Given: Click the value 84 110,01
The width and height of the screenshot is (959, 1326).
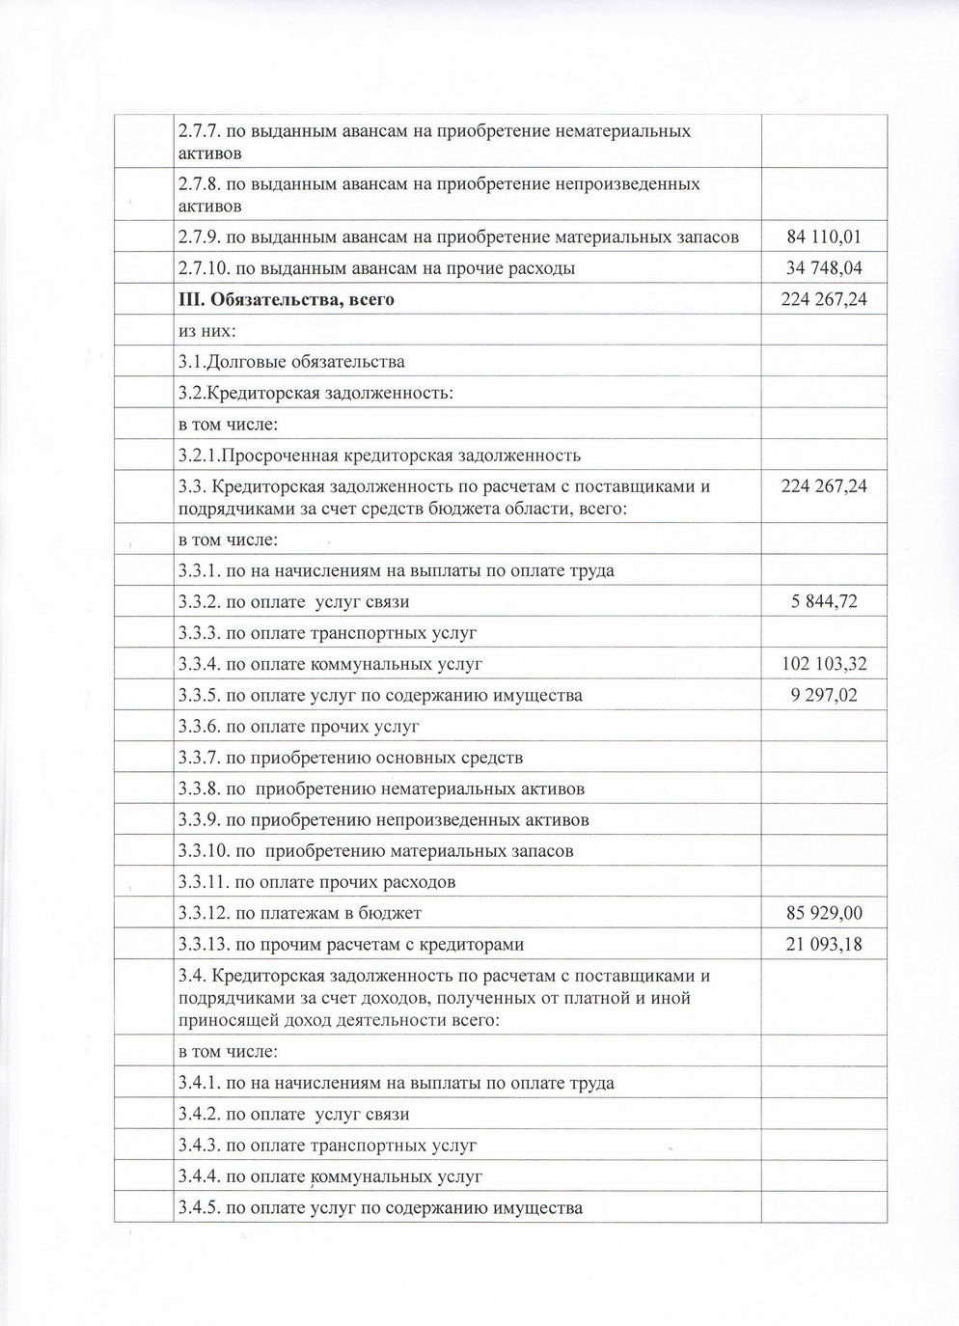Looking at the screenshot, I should pyautogui.click(x=824, y=236).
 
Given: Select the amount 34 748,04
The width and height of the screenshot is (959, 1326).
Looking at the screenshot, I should pyautogui.click(x=824, y=267).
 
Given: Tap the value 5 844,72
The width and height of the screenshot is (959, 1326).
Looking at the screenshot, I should pyautogui.click(x=824, y=602).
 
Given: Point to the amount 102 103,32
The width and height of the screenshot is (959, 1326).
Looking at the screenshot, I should pyautogui.click(x=824, y=664).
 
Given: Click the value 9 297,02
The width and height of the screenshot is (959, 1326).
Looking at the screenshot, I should pyautogui.click(x=824, y=695).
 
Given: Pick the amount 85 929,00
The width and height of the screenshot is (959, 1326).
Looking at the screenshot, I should pyautogui.click(x=824, y=913).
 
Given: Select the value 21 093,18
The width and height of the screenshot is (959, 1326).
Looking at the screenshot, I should pyautogui.click(x=824, y=944).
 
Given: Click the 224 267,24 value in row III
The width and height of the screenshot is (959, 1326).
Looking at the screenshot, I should pyautogui.click(x=824, y=299).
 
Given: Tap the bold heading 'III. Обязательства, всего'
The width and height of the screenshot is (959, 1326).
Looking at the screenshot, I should pyautogui.click(x=287, y=299).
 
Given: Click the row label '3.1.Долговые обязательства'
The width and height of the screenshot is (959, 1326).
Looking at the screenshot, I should pyautogui.click(x=291, y=362).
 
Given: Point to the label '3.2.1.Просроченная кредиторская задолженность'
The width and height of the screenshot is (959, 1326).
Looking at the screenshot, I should pyautogui.click(x=379, y=456).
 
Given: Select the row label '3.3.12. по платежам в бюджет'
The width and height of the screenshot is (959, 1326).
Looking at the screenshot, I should pyautogui.click(x=300, y=913).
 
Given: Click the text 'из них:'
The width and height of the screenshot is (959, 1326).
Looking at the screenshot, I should pyautogui.click(x=207, y=330).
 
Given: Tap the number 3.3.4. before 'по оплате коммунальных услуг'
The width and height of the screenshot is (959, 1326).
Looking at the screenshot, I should pyautogui.click(x=200, y=664).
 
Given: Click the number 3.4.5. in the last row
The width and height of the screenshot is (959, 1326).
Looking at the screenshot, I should pyautogui.click(x=200, y=1208).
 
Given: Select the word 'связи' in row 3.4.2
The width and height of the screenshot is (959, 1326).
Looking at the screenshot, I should pyautogui.click(x=386, y=1115).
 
